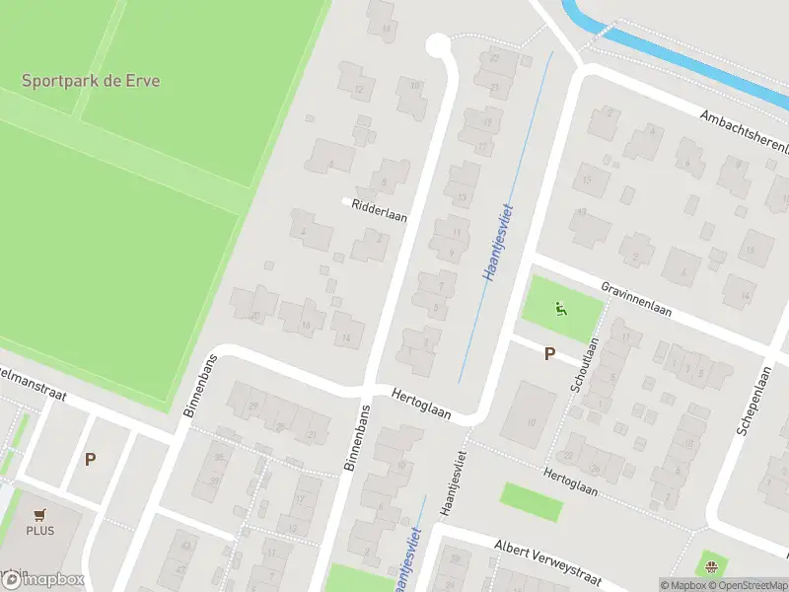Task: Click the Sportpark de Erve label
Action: tap(91, 80)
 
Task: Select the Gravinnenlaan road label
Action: tap(636, 298)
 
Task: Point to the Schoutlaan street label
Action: tap(584, 366)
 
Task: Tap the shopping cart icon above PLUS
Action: tap(40, 514)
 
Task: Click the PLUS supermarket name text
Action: tap(40, 531)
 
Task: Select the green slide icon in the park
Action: tap(561, 310)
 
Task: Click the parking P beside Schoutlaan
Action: tap(549, 353)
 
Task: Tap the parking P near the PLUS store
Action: tap(90, 459)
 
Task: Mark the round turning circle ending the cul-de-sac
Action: tap(437, 44)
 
